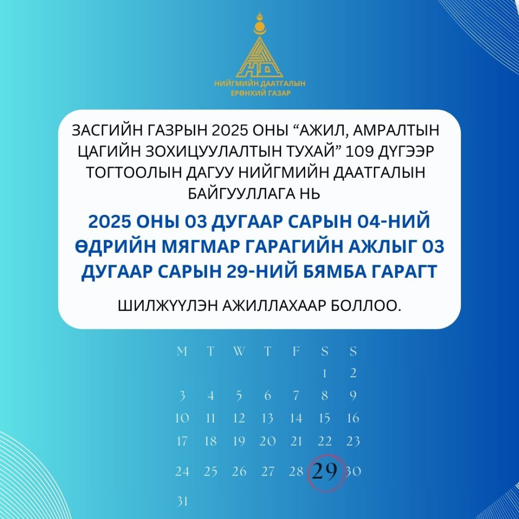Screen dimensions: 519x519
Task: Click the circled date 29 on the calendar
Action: [x=325, y=471]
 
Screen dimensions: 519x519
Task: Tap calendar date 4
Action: [x=211, y=395]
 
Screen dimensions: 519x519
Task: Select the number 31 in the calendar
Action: [x=182, y=501]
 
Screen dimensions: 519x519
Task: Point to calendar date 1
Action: [x=325, y=373]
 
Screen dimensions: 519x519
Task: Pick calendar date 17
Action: [x=182, y=441]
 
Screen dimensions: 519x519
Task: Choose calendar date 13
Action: [x=267, y=418]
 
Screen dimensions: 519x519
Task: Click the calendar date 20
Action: [x=267, y=441]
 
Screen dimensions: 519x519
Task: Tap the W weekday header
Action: [x=239, y=351]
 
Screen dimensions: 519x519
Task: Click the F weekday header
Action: [x=296, y=351]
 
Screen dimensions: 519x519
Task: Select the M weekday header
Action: [x=182, y=351]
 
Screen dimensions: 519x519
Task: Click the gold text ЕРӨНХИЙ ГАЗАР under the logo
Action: [x=260, y=93]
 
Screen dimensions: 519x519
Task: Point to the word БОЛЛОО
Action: [x=366, y=306]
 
